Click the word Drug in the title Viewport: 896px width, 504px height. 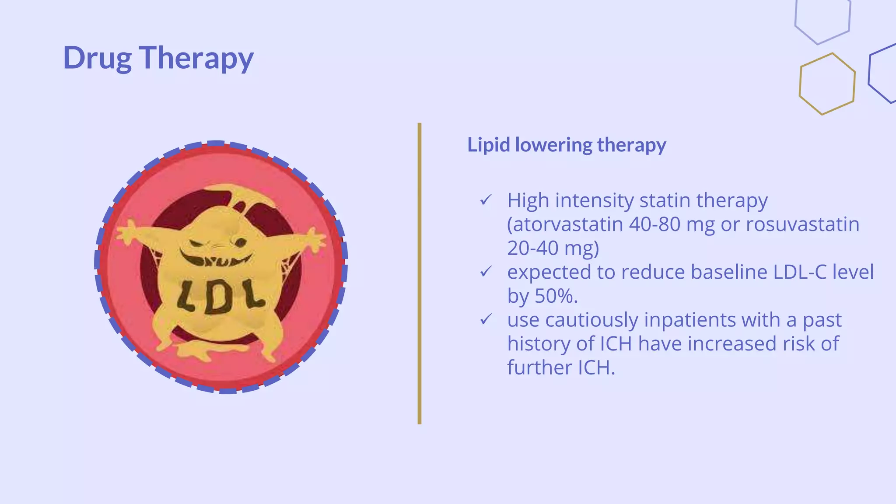click(97, 58)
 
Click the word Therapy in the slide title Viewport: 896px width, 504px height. click(196, 58)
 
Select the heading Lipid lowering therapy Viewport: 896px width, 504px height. click(567, 145)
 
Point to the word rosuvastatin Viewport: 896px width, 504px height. click(802, 224)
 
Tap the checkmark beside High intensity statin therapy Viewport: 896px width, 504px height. click(486, 200)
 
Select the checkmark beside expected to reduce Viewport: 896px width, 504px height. click(486, 272)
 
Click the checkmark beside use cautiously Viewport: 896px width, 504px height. click(486, 320)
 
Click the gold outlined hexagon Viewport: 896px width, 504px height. click(827, 84)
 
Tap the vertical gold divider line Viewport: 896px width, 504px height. click(419, 273)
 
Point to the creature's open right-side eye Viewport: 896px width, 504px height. click(240, 242)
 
